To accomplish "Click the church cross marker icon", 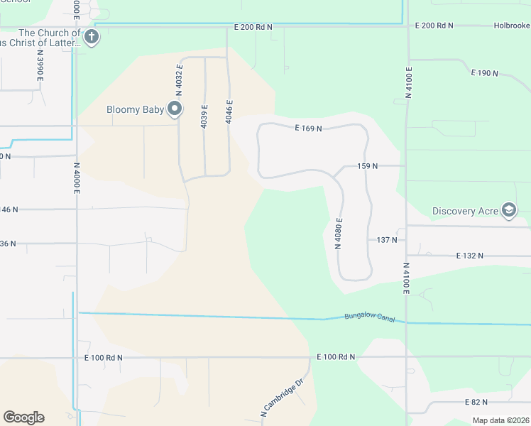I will click(91, 37).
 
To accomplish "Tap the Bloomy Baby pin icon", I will click(175, 109).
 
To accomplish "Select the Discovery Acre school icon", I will click(508, 210).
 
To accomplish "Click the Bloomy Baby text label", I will click(136, 109).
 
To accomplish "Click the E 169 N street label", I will click(309, 129).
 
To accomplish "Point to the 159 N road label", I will click(367, 165).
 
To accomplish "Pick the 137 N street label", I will click(386, 240).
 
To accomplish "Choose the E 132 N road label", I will click(470, 255).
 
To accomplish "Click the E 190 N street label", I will click(485, 72).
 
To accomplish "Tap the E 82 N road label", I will click(476, 402).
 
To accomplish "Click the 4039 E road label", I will click(204, 116).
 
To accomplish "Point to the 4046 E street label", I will click(229, 111).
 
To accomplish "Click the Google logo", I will click(23, 417).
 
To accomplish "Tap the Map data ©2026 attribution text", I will click(500, 420).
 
